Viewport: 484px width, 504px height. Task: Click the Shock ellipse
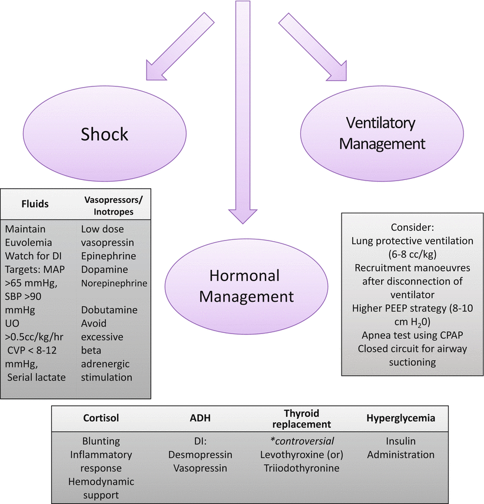click(x=105, y=135)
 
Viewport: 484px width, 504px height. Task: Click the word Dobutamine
click(x=108, y=309)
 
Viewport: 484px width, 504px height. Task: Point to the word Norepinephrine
click(x=114, y=283)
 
